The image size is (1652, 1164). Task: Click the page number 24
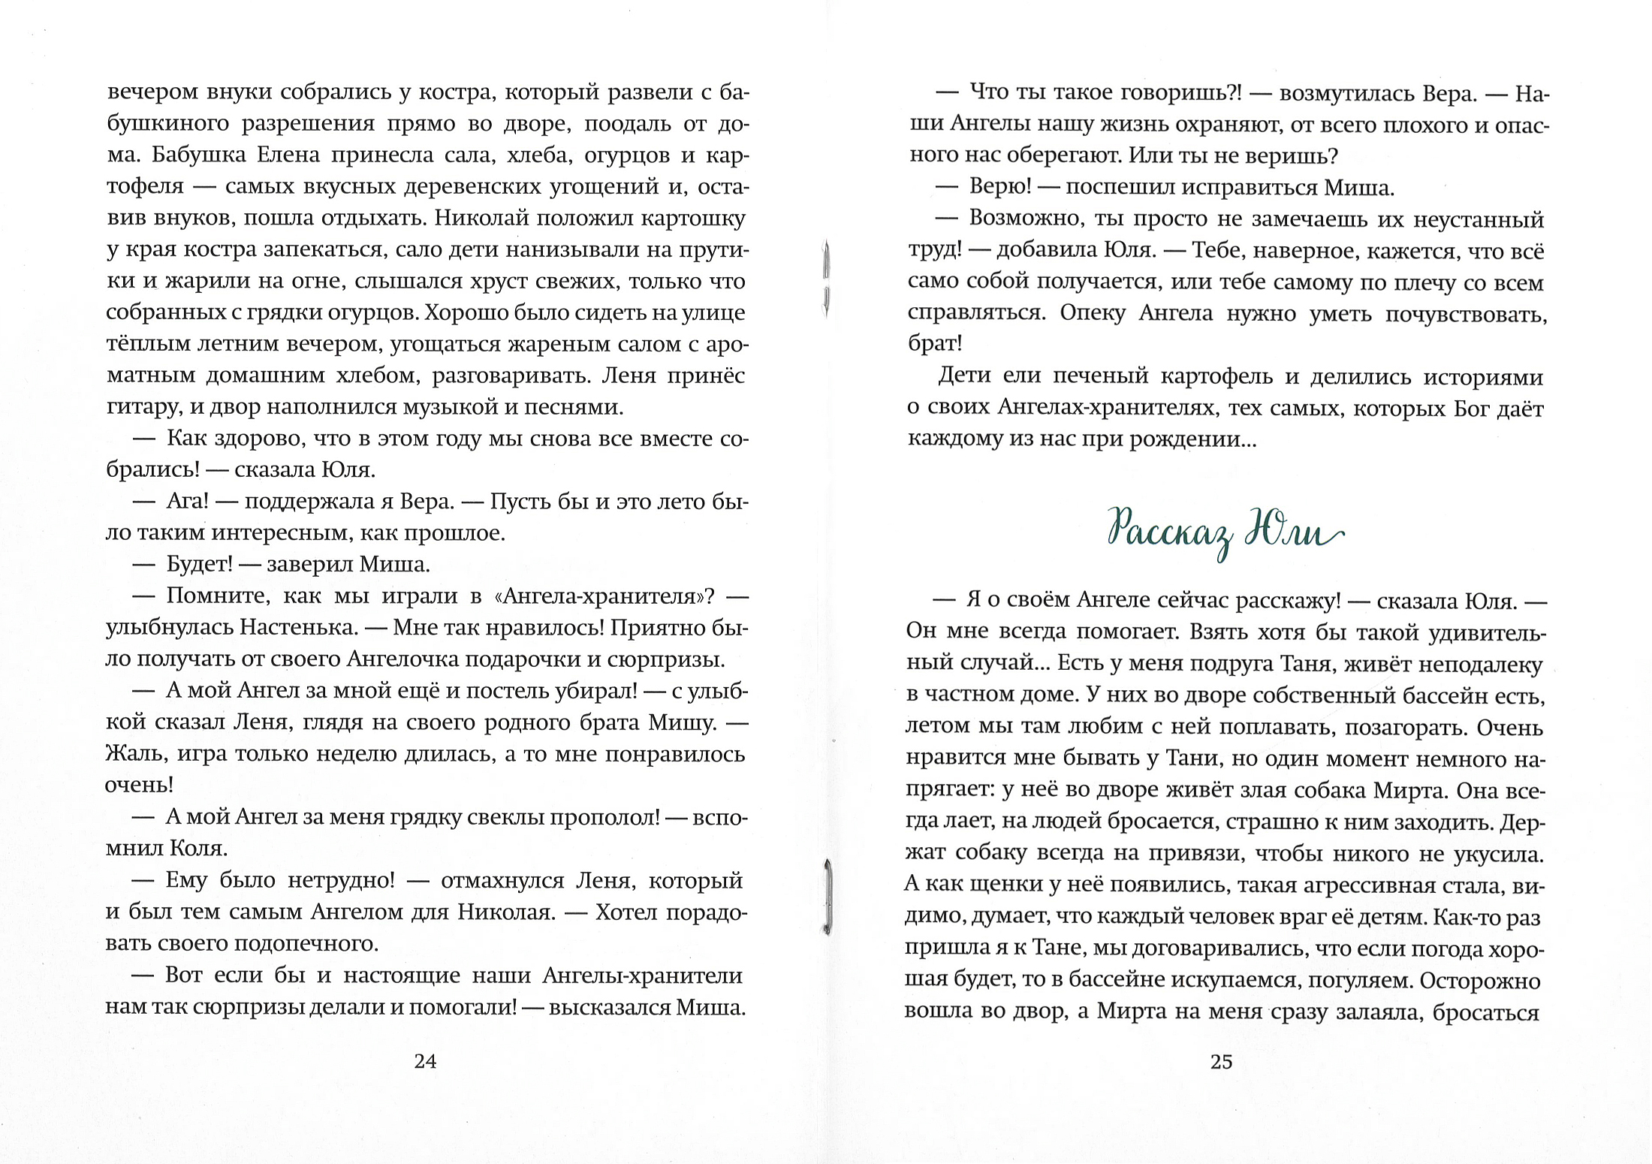click(x=425, y=1061)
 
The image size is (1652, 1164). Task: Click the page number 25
click(x=1221, y=1061)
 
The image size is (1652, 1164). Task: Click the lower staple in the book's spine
click(x=827, y=898)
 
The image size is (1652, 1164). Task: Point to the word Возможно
click(x=1024, y=219)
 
